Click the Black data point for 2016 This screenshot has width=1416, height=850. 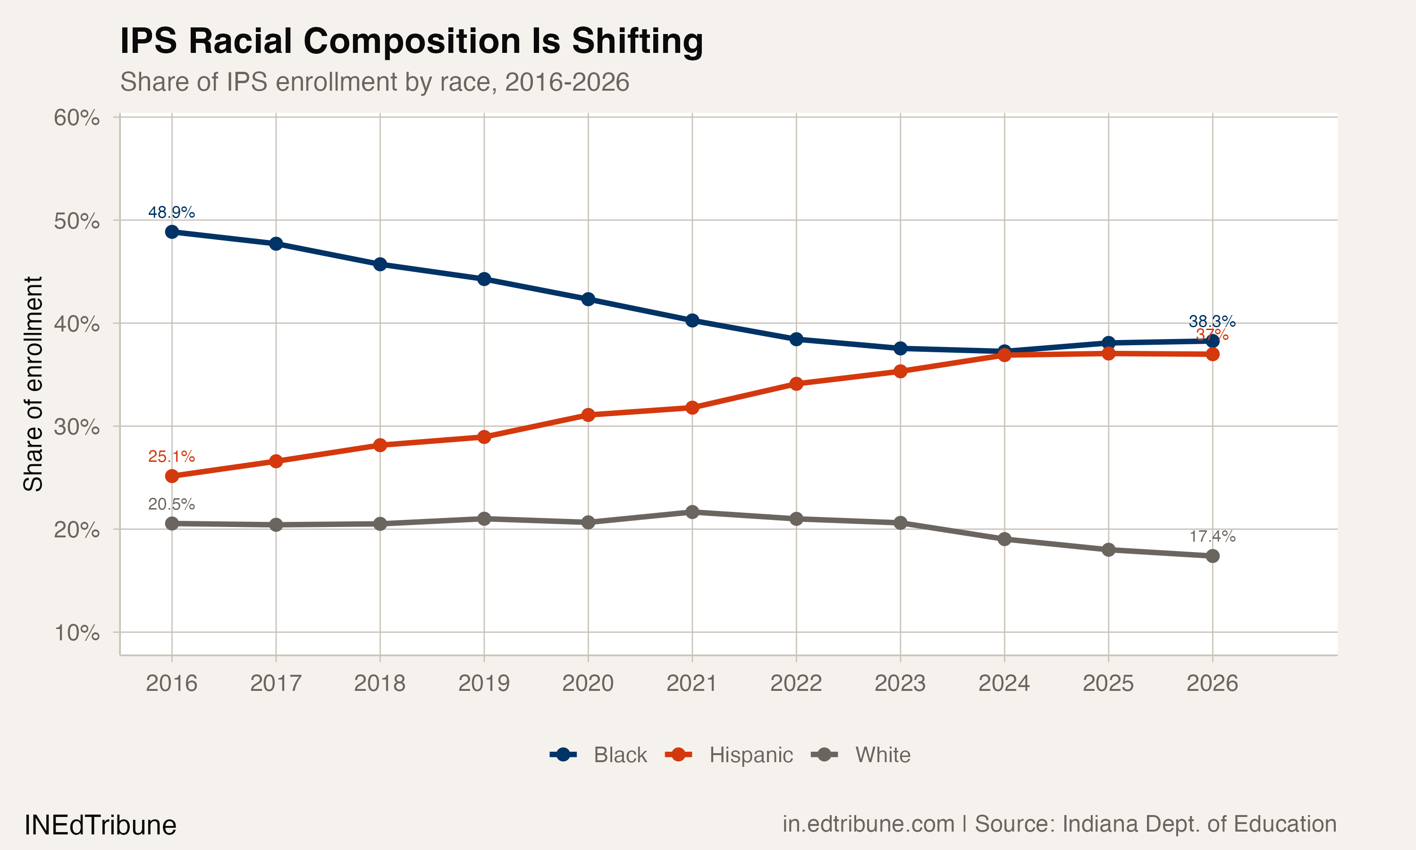172,232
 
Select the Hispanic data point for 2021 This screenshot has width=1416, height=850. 692,408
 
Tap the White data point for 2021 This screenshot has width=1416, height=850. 692,512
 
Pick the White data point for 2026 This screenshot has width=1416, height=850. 1212,556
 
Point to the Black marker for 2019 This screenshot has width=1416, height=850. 484,279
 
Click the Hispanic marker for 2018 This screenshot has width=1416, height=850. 380,445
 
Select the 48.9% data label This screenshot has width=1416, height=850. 171,212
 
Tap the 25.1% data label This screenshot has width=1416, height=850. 171,457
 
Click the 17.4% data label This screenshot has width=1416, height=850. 1212,537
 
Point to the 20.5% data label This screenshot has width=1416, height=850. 171,505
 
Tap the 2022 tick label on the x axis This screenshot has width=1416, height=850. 796,683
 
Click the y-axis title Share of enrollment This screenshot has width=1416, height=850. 33,384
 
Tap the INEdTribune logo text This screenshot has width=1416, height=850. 100,825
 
